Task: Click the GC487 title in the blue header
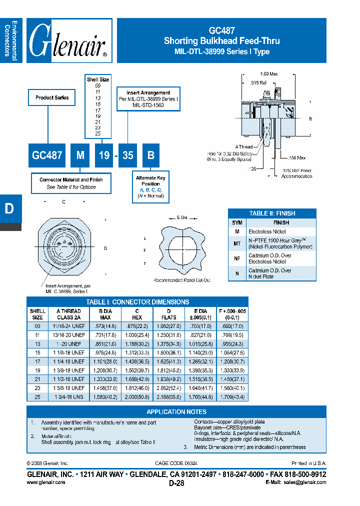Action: (221, 30)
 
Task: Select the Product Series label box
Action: (52, 97)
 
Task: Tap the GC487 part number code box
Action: (47, 155)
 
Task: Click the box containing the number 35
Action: (128, 155)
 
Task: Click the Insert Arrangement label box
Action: (148, 99)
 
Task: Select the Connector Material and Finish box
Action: (71, 183)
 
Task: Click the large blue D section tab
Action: (9, 209)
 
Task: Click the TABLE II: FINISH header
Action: (272, 213)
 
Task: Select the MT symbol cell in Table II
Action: (237, 243)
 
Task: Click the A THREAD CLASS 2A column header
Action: (68, 314)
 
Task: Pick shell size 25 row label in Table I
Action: (37, 396)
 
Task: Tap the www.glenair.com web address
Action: (45, 482)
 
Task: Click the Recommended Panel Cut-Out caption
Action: (181, 280)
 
